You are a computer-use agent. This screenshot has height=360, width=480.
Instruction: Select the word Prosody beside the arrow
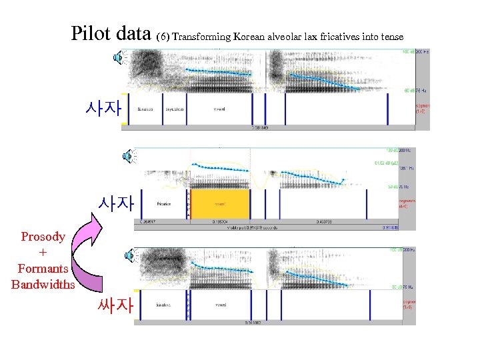(x=43, y=236)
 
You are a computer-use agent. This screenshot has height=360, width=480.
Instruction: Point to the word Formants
(x=43, y=268)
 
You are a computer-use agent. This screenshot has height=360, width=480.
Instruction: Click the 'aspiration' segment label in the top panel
(x=175, y=109)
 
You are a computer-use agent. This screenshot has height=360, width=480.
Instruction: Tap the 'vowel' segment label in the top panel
(x=219, y=109)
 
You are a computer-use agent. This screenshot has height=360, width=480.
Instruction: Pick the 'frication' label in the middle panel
(x=164, y=204)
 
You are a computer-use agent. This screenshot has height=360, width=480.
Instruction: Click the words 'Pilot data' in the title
(x=111, y=33)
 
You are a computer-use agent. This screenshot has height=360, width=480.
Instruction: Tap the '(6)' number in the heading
(x=162, y=36)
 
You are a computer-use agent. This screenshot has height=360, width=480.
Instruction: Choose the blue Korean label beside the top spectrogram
(x=103, y=107)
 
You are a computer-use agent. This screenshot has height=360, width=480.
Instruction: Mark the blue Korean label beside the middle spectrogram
(x=116, y=203)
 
